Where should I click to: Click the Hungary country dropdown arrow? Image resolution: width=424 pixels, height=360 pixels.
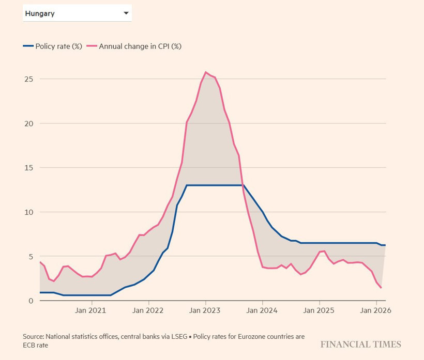click(x=126, y=13)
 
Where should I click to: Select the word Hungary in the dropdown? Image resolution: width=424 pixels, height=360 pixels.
click(x=40, y=14)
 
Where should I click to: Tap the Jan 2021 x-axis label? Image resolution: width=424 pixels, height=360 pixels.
click(x=92, y=311)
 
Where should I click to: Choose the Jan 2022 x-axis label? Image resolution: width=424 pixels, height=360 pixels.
click(x=148, y=311)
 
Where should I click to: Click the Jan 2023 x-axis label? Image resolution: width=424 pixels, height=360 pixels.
click(x=205, y=311)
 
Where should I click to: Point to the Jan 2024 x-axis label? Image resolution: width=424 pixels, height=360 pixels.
click(x=262, y=311)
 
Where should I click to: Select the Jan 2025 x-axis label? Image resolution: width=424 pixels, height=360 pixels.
click(x=319, y=311)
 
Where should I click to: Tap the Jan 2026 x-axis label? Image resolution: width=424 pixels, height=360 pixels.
click(x=375, y=311)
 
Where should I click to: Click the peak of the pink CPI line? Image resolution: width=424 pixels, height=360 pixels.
click(x=206, y=72)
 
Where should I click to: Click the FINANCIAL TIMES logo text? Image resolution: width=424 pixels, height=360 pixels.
click(x=360, y=345)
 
